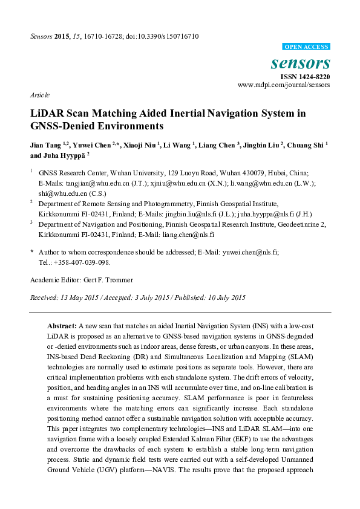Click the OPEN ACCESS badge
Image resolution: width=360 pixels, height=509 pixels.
306,47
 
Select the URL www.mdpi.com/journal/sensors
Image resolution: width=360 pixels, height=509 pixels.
284,85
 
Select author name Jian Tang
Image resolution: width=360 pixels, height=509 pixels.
45,145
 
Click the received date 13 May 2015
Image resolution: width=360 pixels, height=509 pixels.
75,297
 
